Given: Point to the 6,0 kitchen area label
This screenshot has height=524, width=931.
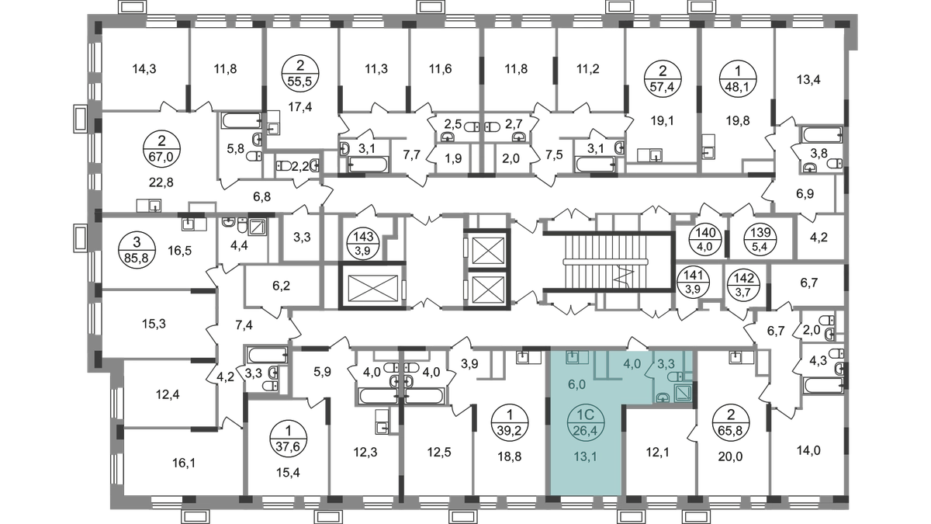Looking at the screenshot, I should (x=575, y=383).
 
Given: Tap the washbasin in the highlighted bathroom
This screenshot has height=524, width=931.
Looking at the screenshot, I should (x=660, y=397).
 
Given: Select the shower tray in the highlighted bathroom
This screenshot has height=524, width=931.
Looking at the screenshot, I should (x=681, y=392).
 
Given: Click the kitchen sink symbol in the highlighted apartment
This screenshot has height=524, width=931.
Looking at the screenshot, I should (x=574, y=359).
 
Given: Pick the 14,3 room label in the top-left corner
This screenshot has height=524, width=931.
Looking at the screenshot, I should (x=145, y=69).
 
